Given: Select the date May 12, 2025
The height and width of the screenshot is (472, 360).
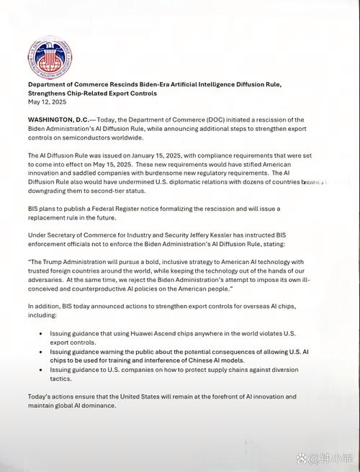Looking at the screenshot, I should click(48, 102).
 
